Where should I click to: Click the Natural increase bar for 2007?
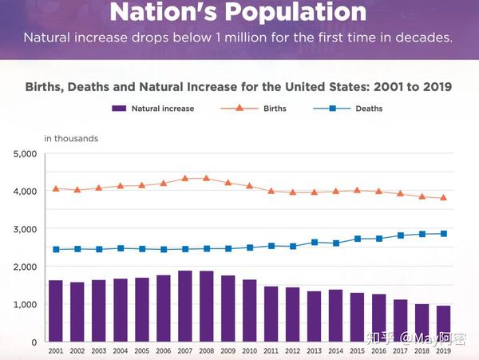click(184, 307)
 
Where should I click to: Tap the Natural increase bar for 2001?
click(55, 311)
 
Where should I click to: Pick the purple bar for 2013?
click(315, 317)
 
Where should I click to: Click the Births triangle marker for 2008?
click(206, 178)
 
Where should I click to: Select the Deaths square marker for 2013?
click(315, 242)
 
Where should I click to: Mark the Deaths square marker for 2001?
click(56, 249)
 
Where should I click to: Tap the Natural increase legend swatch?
click(119, 109)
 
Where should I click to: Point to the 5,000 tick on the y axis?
click(26, 153)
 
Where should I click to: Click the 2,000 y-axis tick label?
click(26, 267)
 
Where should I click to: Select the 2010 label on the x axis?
click(250, 350)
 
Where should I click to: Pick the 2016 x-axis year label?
click(379, 350)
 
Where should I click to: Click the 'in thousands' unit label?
click(71, 138)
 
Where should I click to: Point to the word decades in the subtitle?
click(427, 38)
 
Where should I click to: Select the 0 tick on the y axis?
click(33, 342)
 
